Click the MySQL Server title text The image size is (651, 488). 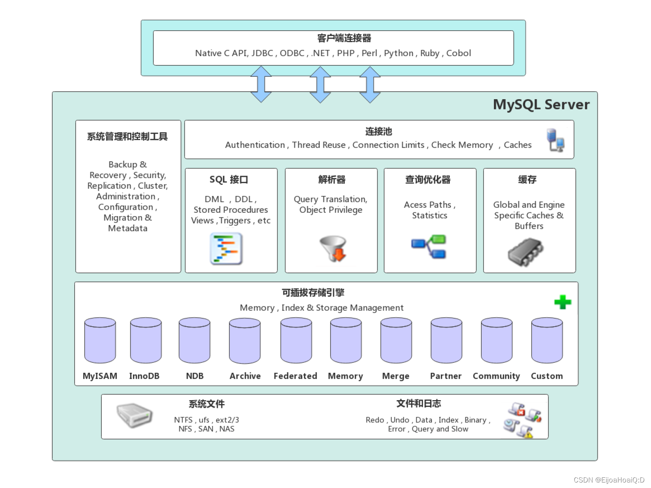pyautogui.click(x=541, y=105)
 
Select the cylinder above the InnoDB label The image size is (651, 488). pyautogui.click(x=146, y=340)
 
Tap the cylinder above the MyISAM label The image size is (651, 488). pyautogui.click(x=100, y=340)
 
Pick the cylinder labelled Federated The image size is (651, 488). pyautogui.click(x=296, y=340)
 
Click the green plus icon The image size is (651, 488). pyautogui.click(x=563, y=302)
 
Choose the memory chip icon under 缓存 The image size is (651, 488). pyautogui.click(x=526, y=252)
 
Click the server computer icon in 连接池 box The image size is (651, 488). pyautogui.click(x=555, y=140)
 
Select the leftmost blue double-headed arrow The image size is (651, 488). pyautogui.click(x=261, y=84)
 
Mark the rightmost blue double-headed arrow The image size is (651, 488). pyautogui.click(x=370, y=84)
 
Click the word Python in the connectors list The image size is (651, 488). pyautogui.click(x=399, y=53)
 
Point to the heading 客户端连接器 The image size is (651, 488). pyautogui.click(x=344, y=38)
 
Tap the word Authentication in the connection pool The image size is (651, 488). pyautogui.click(x=255, y=145)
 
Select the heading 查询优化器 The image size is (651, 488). pyautogui.click(x=428, y=179)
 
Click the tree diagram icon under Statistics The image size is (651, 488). pyautogui.click(x=429, y=247)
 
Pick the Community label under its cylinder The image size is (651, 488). pyautogui.click(x=496, y=376)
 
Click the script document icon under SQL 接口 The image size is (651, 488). pyautogui.click(x=226, y=249)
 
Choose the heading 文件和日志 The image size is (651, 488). pyautogui.click(x=419, y=404)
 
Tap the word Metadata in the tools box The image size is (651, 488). pyautogui.click(x=127, y=228)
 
